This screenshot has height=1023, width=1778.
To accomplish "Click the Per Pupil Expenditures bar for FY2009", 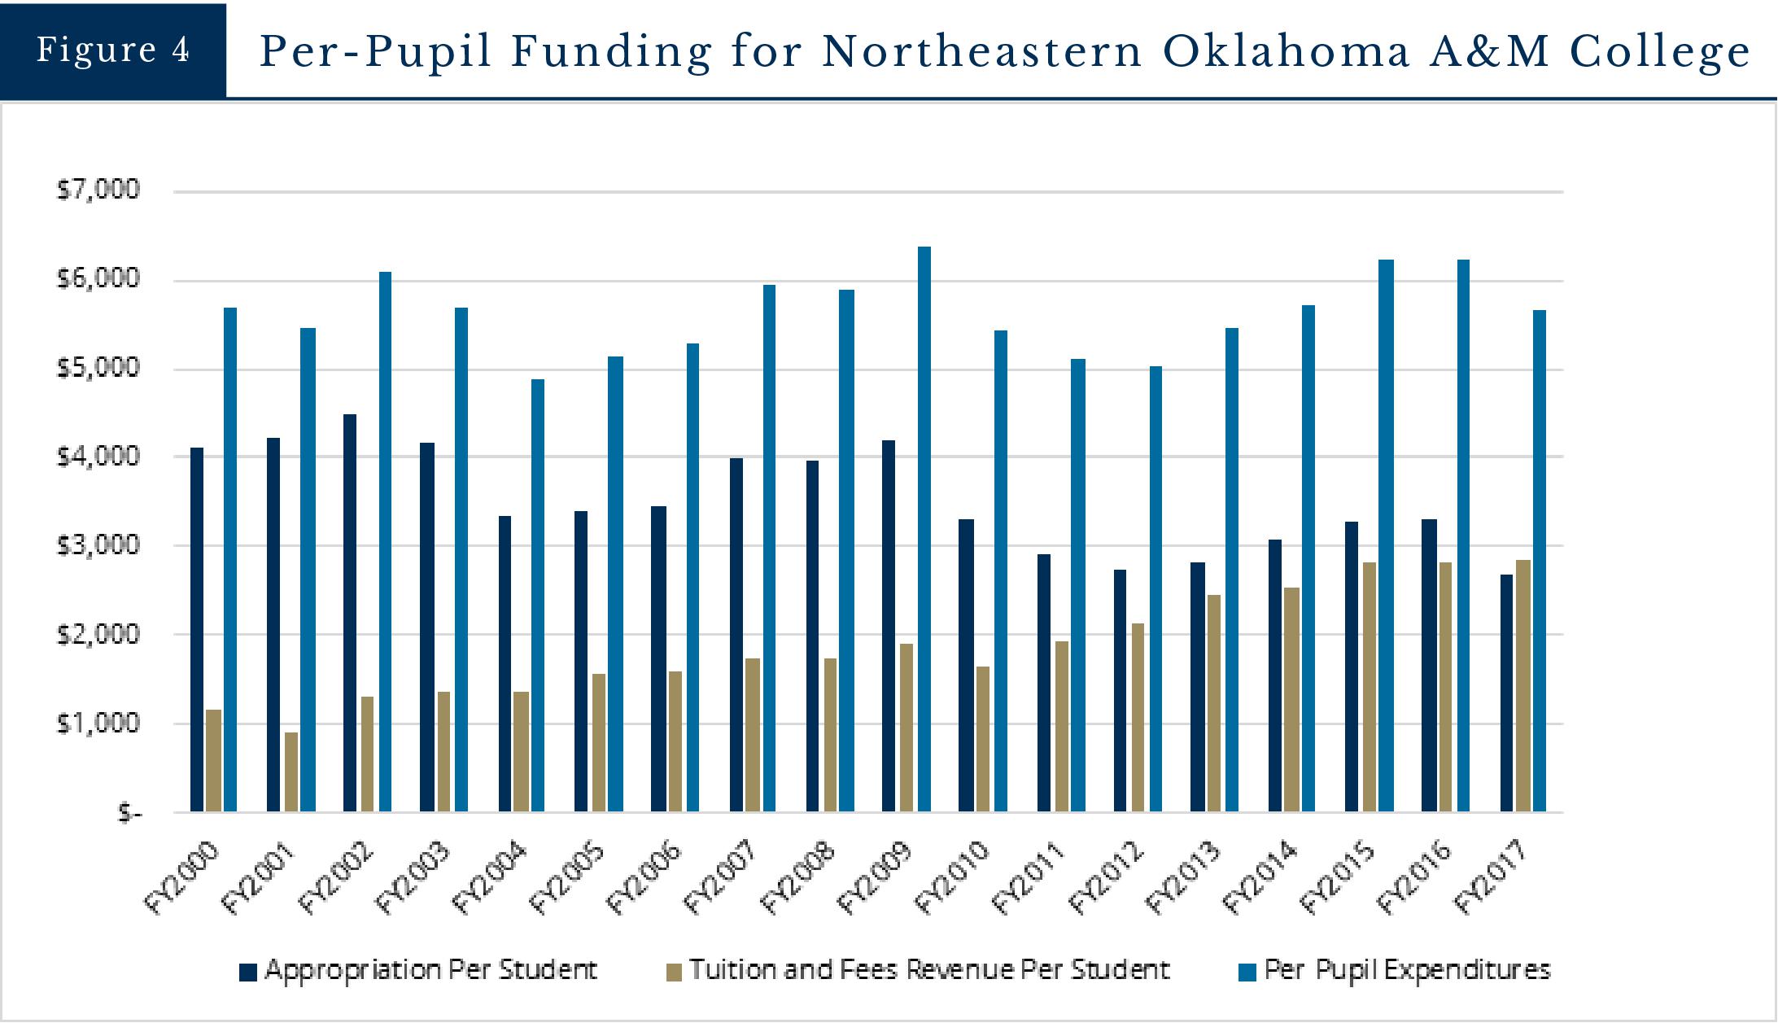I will click(x=924, y=529).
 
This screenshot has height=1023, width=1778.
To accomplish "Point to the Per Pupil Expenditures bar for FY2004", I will click(x=538, y=595).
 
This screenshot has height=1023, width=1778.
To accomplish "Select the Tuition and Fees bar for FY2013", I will click(x=1213, y=703).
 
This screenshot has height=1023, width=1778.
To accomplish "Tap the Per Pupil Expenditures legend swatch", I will click(x=1247, y=972).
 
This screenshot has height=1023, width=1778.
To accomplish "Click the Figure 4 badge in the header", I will click(x=113, y=50).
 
